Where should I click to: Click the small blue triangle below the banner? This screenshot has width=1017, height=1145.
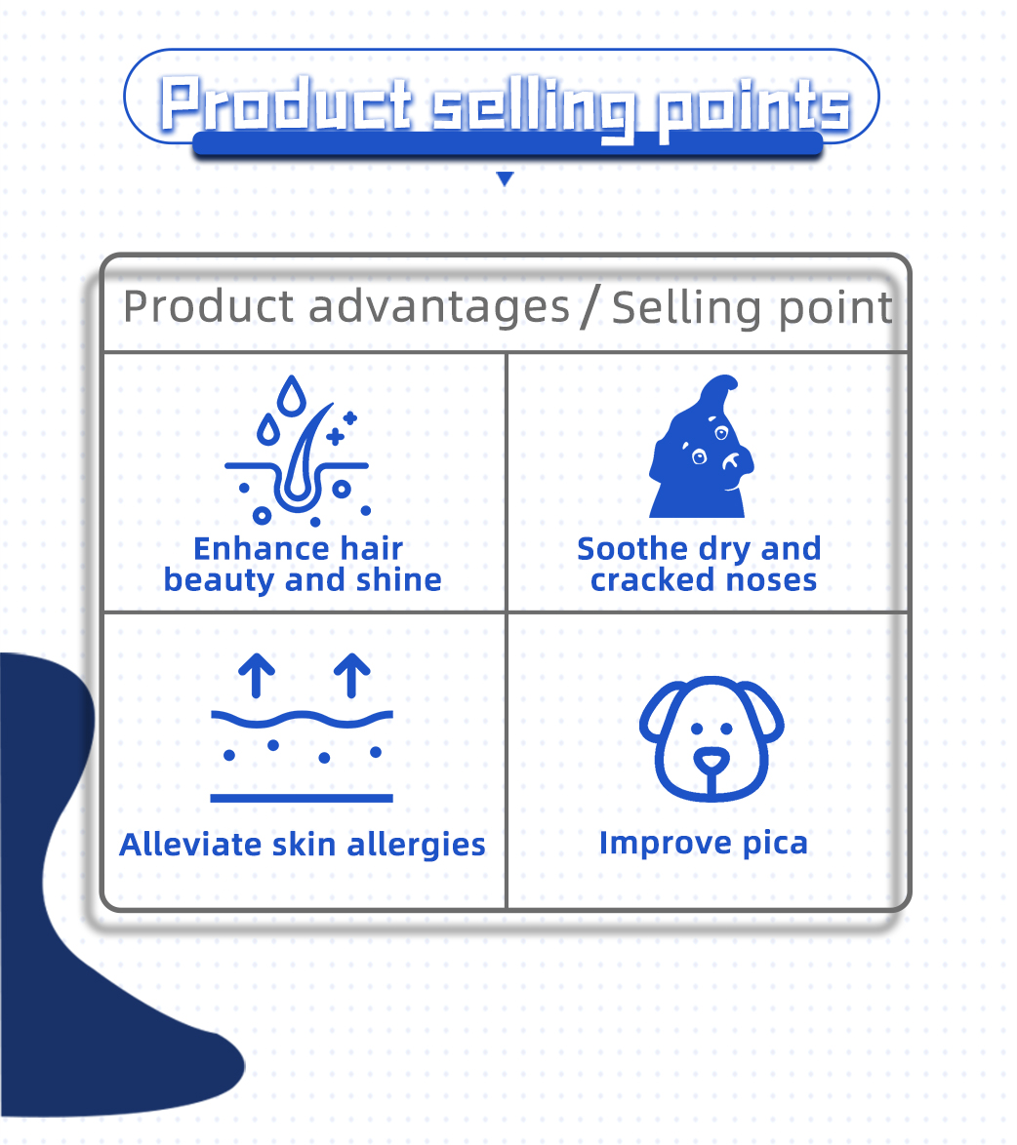(505, 178)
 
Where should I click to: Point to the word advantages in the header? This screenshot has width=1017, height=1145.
(440, 307)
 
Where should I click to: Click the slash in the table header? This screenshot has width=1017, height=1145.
(590, 307)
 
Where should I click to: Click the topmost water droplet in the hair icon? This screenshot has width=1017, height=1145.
(289, 395)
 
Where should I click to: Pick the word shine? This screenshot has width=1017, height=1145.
(399, 580)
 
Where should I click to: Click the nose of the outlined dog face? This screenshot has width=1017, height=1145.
(712, 760)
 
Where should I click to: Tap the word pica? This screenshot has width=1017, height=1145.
(773, 844)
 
